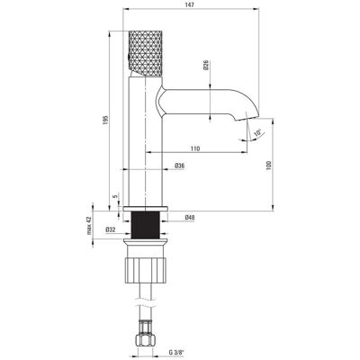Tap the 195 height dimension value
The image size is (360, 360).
coord(105,121)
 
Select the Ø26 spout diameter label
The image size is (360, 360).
coord(206,65)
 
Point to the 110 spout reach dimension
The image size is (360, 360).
coord(195,148)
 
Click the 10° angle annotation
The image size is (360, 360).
coord(257,133)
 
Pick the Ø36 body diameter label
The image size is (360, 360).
coord(179,166)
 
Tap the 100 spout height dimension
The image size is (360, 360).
coord(268,166)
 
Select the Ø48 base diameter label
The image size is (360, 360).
coord(190,217)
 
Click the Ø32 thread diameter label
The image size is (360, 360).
coord(111,229)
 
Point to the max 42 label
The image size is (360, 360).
coord(89,225)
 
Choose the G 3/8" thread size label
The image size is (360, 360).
coord(176,352)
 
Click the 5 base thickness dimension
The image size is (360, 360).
coord(114,196)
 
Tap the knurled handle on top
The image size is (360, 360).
coord(146,53)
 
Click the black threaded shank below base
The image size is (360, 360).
coord(146,225)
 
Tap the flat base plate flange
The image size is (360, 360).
coord(146,209)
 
